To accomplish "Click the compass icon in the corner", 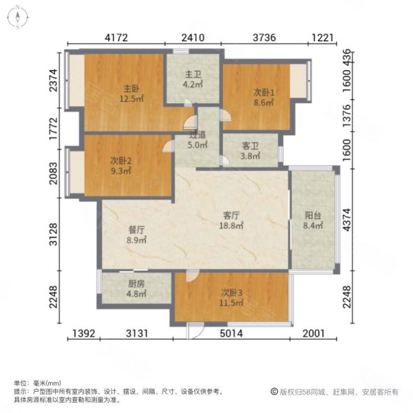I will coord(17,17).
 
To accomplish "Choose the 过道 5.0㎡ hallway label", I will coord(198,140).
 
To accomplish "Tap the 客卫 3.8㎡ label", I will coord(251,151).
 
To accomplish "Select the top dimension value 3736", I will coord(265,38).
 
